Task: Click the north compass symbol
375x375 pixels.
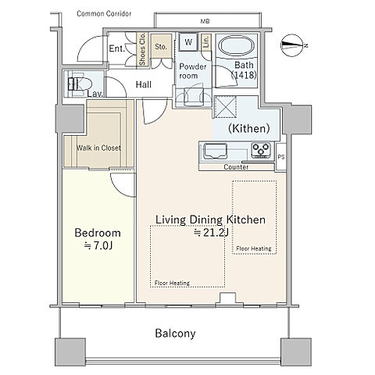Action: coord(292,45)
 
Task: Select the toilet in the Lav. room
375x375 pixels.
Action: coord(80,84)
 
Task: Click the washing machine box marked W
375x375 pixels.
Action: coord(188,41)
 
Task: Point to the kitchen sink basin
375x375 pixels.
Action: coord(215,151)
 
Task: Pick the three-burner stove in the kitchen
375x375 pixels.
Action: coord(261,150)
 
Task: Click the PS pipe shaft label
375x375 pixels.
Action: coord(281,157)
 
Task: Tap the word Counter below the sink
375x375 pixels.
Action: coord(236,167)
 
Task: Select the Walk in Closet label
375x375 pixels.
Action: coord(98,148)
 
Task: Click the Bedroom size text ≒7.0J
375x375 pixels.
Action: coord(98,245)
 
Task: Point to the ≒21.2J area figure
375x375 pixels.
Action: coord(211,233)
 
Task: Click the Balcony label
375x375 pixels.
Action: coord(175,334)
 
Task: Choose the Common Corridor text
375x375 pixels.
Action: coord(104,13)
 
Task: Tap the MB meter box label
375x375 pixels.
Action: coord(205,21)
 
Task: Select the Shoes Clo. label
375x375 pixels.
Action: coord(142,49)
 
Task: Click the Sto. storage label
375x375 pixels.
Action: coord(161,47)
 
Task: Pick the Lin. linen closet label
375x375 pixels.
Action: coord(206,41)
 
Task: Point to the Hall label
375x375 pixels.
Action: coord(144,84)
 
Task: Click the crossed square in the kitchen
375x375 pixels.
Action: coord(225,106)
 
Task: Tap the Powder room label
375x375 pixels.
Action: coord(193,71)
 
